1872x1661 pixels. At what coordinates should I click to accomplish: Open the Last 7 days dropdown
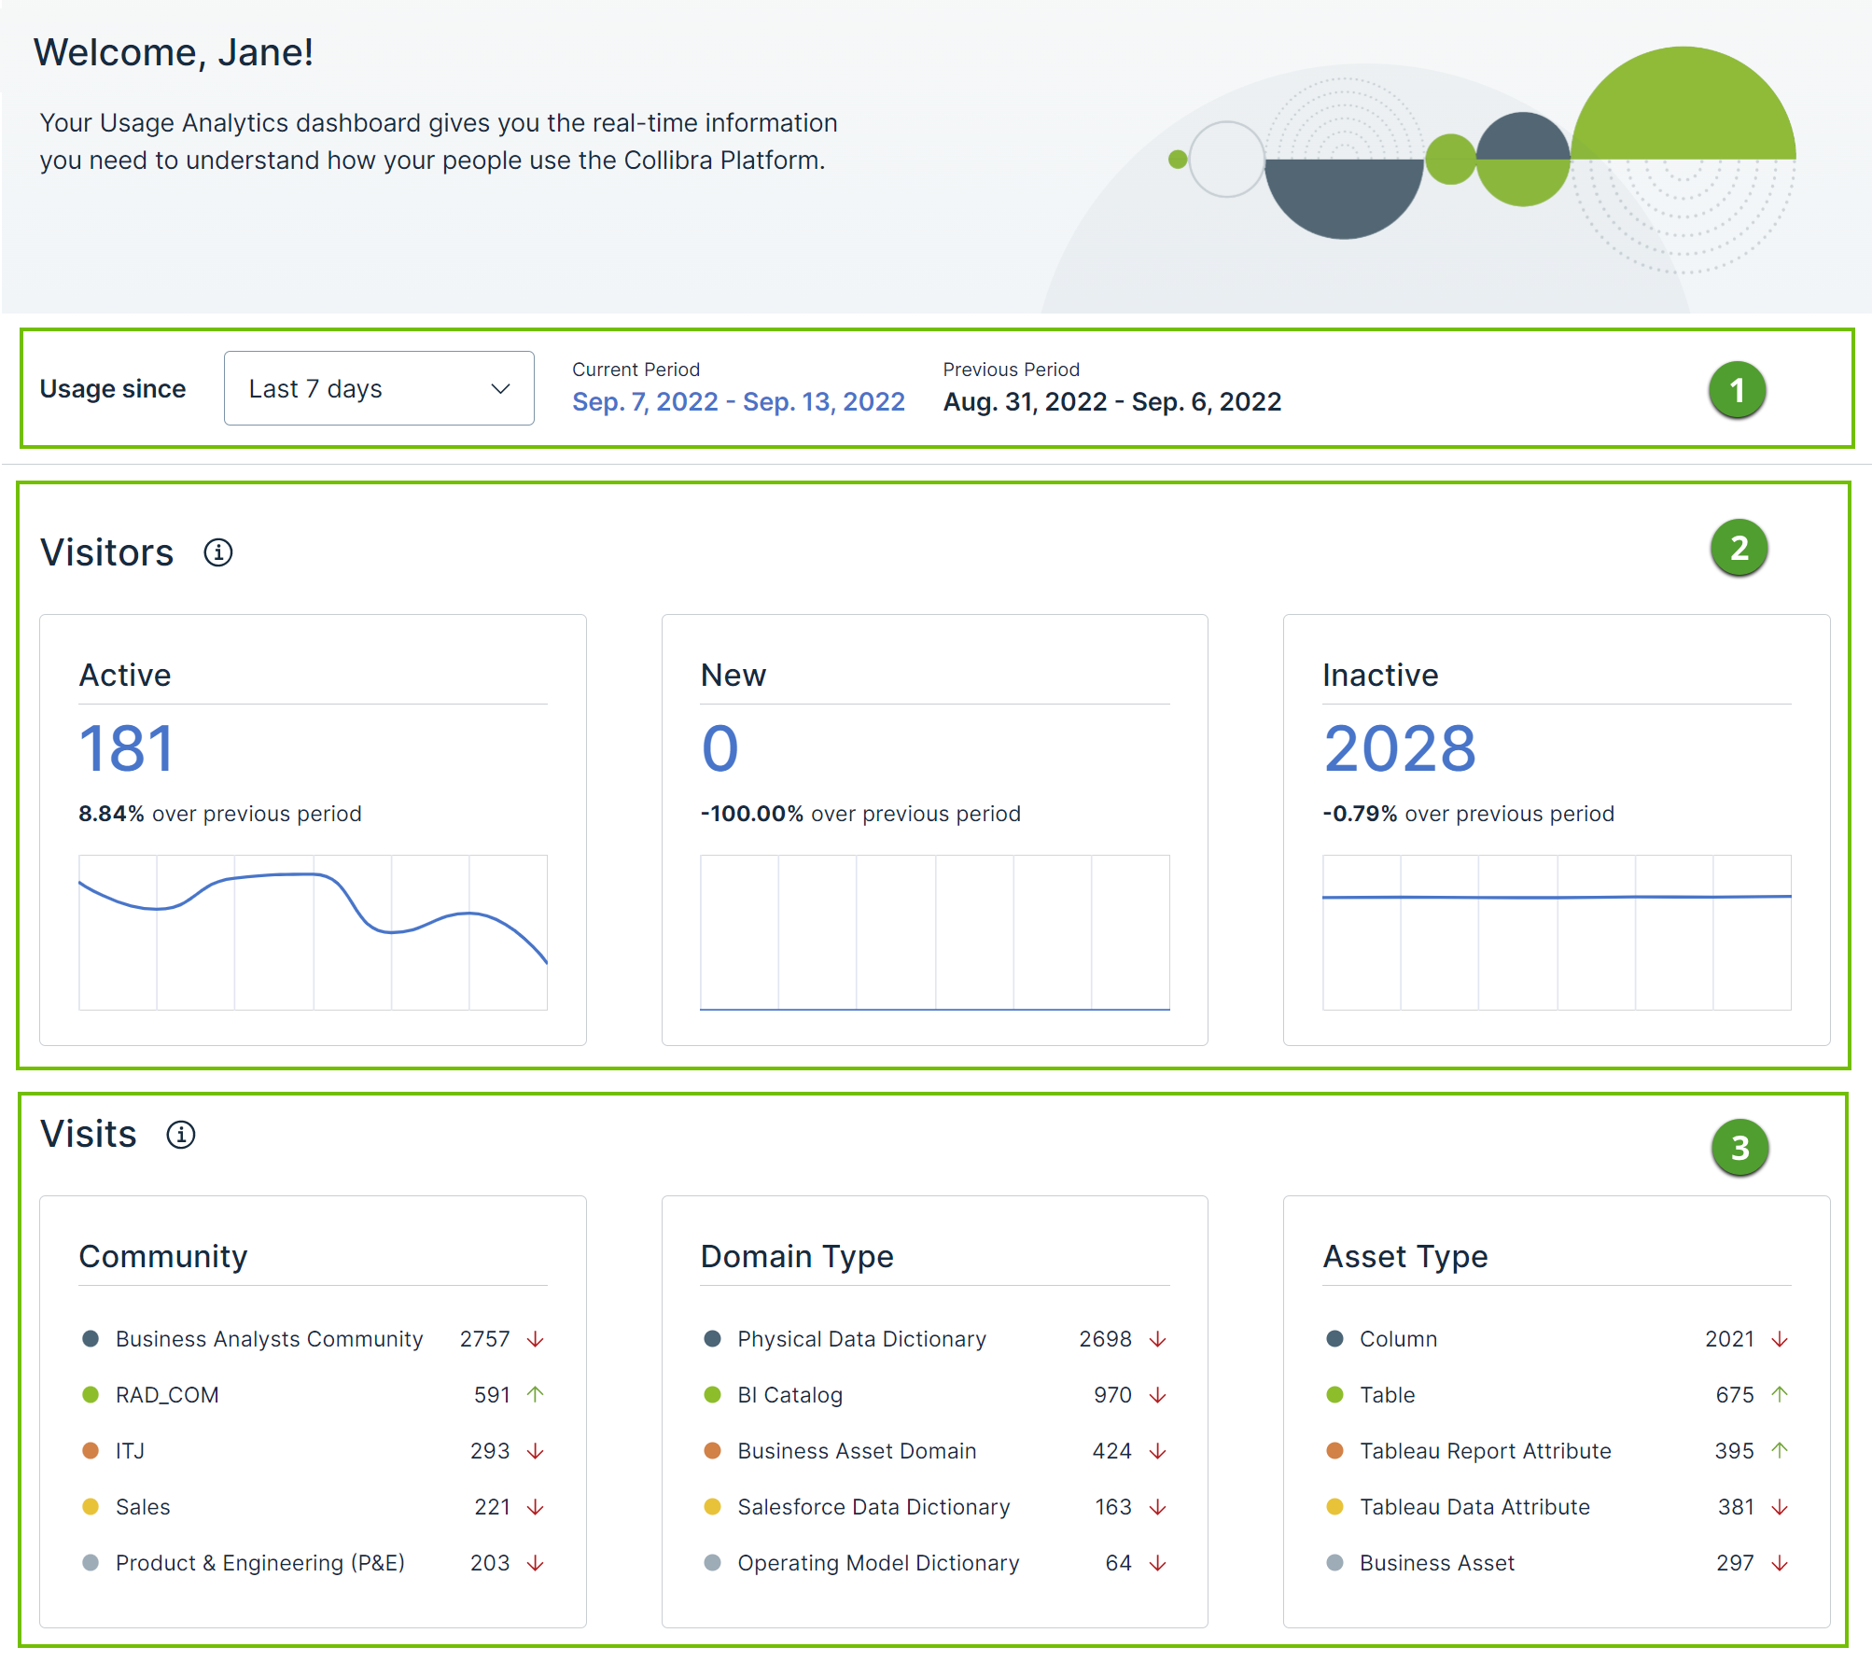(x=378, y=388)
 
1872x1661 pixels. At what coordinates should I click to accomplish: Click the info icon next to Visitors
(x=218, y=552)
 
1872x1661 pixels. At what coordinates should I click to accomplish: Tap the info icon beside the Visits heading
(x=181, y=1135)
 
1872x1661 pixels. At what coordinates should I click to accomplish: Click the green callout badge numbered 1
(x=1737, y=390)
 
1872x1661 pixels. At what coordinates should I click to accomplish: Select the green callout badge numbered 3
(x=1739, y=1147)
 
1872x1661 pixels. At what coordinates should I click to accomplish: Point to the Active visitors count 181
(x=127, y=748)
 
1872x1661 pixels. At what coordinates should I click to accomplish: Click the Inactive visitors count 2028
(x=1399, y=748)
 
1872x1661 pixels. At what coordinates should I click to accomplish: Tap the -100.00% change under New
(x=751, y=814)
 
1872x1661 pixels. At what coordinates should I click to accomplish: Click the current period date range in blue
(x=738, y=401)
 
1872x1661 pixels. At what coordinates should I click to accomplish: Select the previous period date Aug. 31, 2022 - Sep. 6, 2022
(x=1111, y=401)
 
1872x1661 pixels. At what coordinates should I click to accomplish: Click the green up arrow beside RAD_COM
(x=536, y=1394)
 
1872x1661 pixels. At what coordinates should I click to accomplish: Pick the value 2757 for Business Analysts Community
(x=484, y=1339)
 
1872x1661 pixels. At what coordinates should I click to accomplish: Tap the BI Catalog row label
(x=789, y=1395)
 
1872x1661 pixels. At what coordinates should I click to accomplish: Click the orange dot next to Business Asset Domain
(x=712, y=1451)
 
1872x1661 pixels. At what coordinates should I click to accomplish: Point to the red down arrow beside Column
(x=1780, y=1339)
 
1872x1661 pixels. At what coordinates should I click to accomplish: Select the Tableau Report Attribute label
(x=1485, y=1451)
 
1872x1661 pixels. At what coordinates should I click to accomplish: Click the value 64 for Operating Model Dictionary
(x=1118, y=1563)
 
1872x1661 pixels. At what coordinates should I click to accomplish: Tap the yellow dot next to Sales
(x=91, y=1507)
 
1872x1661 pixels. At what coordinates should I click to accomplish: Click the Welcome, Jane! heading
(x=174, y=52)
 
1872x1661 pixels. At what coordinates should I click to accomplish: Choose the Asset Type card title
(x=1404, y=1256)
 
